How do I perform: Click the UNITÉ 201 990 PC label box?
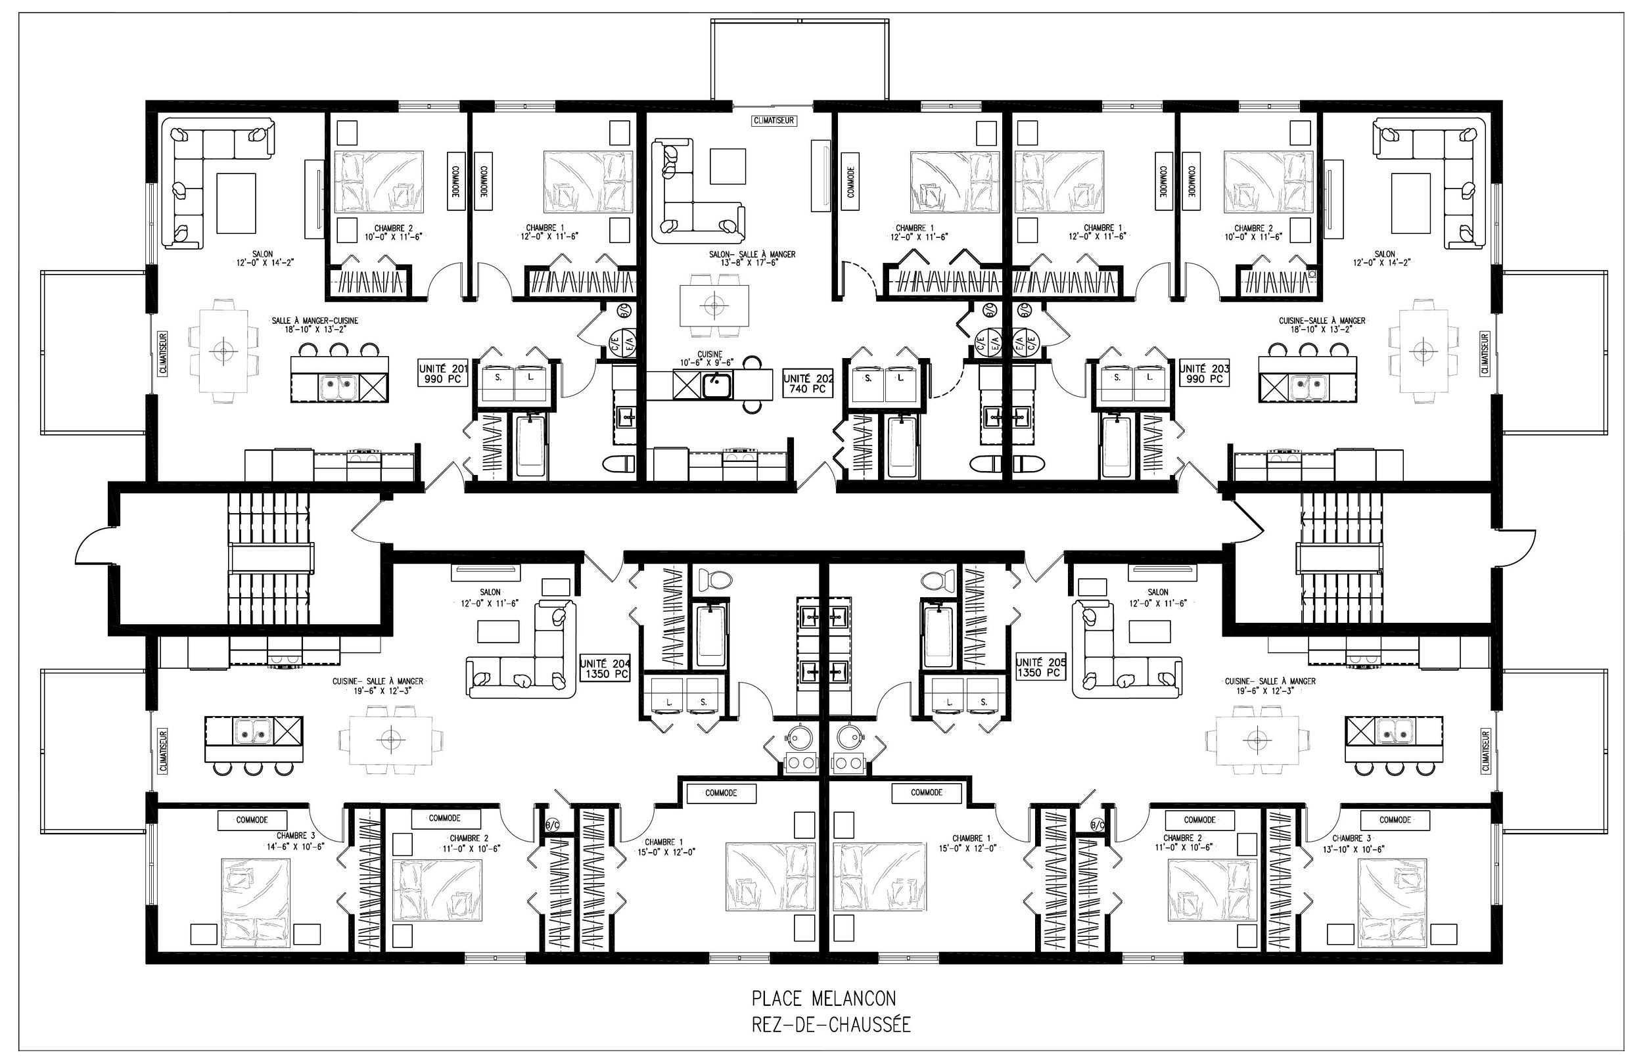(443, 374)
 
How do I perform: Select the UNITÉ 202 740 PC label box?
(808, 384)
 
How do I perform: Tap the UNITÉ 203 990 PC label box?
(1205, 374)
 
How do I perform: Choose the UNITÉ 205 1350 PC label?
(1040, 667)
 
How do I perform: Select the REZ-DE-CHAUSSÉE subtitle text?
(831, 1024)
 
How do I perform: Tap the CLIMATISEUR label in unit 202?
(774, 121)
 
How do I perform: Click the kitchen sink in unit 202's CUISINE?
(718, 385)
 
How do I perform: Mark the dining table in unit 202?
(714, 304)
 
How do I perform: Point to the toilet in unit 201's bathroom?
(619, 463)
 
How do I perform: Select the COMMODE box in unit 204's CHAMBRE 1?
(721, 793)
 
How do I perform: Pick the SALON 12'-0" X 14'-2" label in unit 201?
(262, 258)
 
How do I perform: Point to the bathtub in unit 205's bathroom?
(937, 635)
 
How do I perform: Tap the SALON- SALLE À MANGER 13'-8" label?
(752, 258)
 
